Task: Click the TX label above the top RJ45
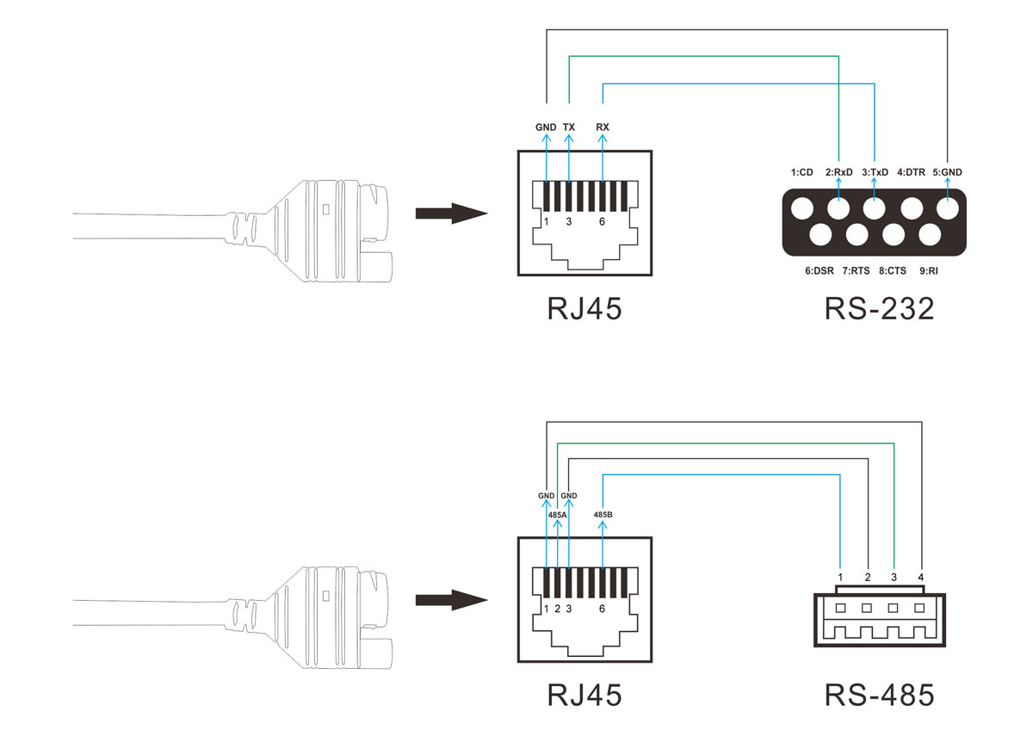click(569, 127)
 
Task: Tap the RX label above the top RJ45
click(603, 127)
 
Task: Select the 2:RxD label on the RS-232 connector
click(839, 172)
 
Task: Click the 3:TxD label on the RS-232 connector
click(875, 172)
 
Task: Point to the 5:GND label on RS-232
click(947, 172)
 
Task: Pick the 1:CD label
click(802, 172)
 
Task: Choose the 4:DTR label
click(912, 172)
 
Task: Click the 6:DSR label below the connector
click(819, 270)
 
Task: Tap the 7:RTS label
click(856, 270)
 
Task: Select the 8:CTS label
click(893, 270)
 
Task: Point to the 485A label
click(557, 515)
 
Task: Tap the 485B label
click(603, 515)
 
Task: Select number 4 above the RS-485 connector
click(921, 576)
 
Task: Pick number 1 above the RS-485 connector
click(840, 576)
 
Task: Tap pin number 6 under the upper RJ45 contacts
click(602, 222)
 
